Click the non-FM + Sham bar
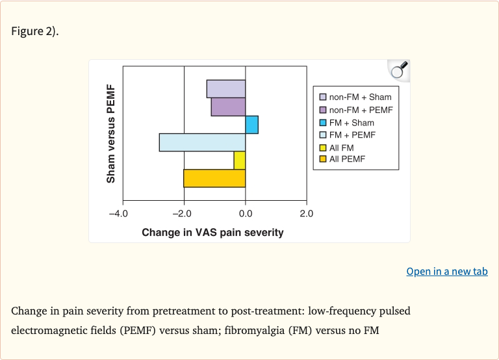tap(226, 89)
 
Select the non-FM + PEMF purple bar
tap(228, 107)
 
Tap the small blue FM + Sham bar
tap(251, 124)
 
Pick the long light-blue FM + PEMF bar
tap(202, 142)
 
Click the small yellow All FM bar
tap(240, 160)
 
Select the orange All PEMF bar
tap(214, 178)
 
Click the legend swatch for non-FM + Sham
tap(322, 97)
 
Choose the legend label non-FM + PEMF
tap(361, 110)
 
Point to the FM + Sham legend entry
tap(351, 123)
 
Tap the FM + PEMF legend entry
tap(352, 135)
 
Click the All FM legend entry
tap(341, 148)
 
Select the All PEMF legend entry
tap(346, 159)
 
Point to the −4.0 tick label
tap(118, 213)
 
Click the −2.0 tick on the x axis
tap(183, 213)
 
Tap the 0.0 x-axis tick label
tap(246, 213)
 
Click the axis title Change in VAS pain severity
tap(212, 232)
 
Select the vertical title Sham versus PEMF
tap(110, 133)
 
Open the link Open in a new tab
tap(446, 272)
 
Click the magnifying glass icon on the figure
tap(398, 70)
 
